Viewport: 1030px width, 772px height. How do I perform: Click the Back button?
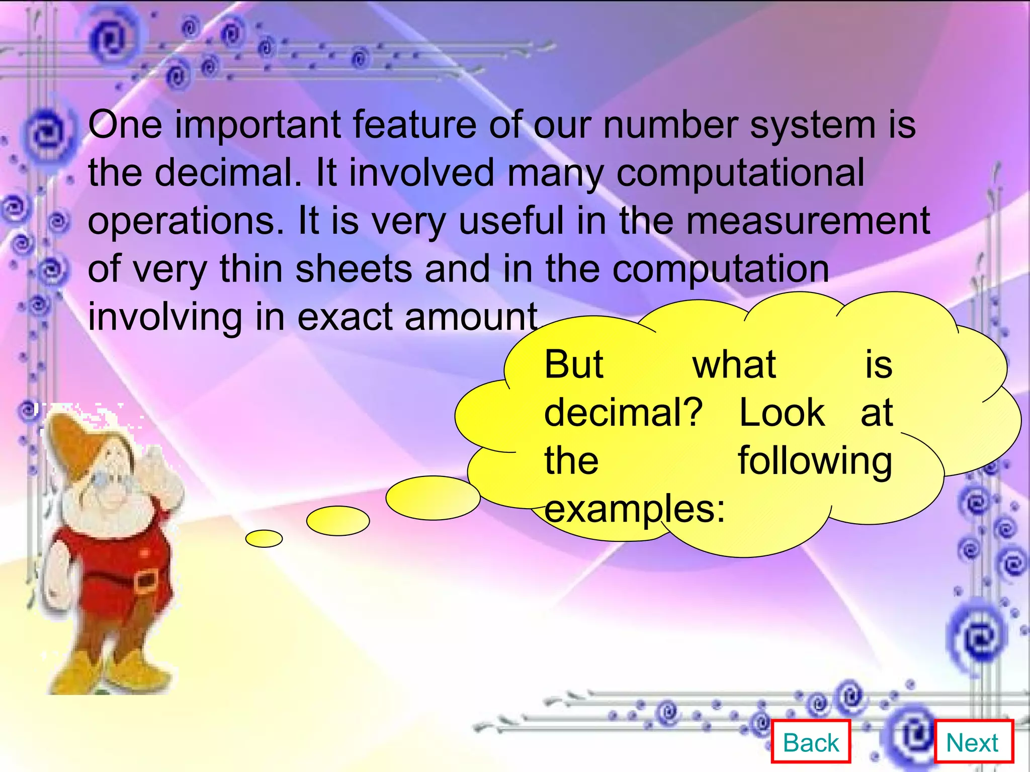click(811, 742)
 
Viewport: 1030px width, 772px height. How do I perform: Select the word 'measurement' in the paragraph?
click(808, 221)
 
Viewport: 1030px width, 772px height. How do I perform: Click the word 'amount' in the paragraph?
click(471, 317)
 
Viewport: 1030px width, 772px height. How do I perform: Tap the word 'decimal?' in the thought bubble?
click(623, 413)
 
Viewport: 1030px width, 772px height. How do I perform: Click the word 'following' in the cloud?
click(815, 461)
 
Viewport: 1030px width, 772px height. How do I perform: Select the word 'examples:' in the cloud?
click(635, 509)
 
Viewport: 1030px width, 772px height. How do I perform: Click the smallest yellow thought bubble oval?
click(264, 538)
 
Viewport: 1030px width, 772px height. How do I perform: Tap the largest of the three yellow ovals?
click(433, 498)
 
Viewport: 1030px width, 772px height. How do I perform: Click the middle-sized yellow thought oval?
click(338, 521)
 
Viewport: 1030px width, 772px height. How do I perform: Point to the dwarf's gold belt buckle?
click(146, 582)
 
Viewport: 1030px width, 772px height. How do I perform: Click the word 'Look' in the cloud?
click(781, 413)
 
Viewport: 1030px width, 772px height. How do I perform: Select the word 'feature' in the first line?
click(414, 125)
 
